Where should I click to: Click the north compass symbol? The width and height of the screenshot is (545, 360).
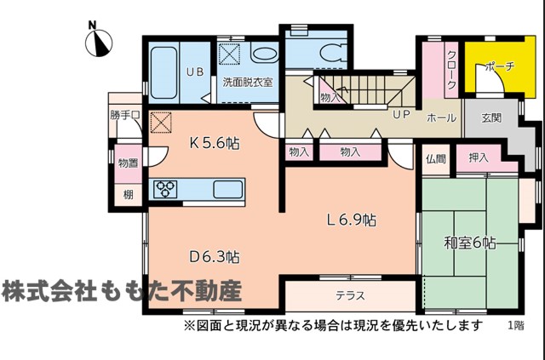(99, 43)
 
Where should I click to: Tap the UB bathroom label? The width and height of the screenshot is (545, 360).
(195, 72)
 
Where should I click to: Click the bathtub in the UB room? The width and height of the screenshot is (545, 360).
(163, 72)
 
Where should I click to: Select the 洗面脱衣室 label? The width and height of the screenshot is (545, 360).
(248, 83)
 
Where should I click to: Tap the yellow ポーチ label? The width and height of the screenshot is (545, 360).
(499, 66)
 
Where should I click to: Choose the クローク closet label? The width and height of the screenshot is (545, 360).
(451, 70)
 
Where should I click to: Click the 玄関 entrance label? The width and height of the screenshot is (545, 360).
(491, 118)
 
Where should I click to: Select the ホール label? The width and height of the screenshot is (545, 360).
(441, 117)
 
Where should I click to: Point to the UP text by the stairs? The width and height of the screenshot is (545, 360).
(401, 114)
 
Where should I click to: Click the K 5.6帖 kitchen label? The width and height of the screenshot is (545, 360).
(215, 143)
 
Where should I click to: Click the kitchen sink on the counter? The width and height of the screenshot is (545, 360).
(227, 190)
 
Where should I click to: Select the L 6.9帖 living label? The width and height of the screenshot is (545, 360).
(351, 220)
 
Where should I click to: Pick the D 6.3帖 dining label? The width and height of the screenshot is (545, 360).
(214, 257)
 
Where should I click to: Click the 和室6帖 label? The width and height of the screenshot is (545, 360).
(470, 243)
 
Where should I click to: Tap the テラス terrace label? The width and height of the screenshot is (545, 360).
(350, 295)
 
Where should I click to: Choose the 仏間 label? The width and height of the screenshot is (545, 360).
(436, 159)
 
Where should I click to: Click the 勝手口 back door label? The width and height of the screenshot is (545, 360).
(125, 115)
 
